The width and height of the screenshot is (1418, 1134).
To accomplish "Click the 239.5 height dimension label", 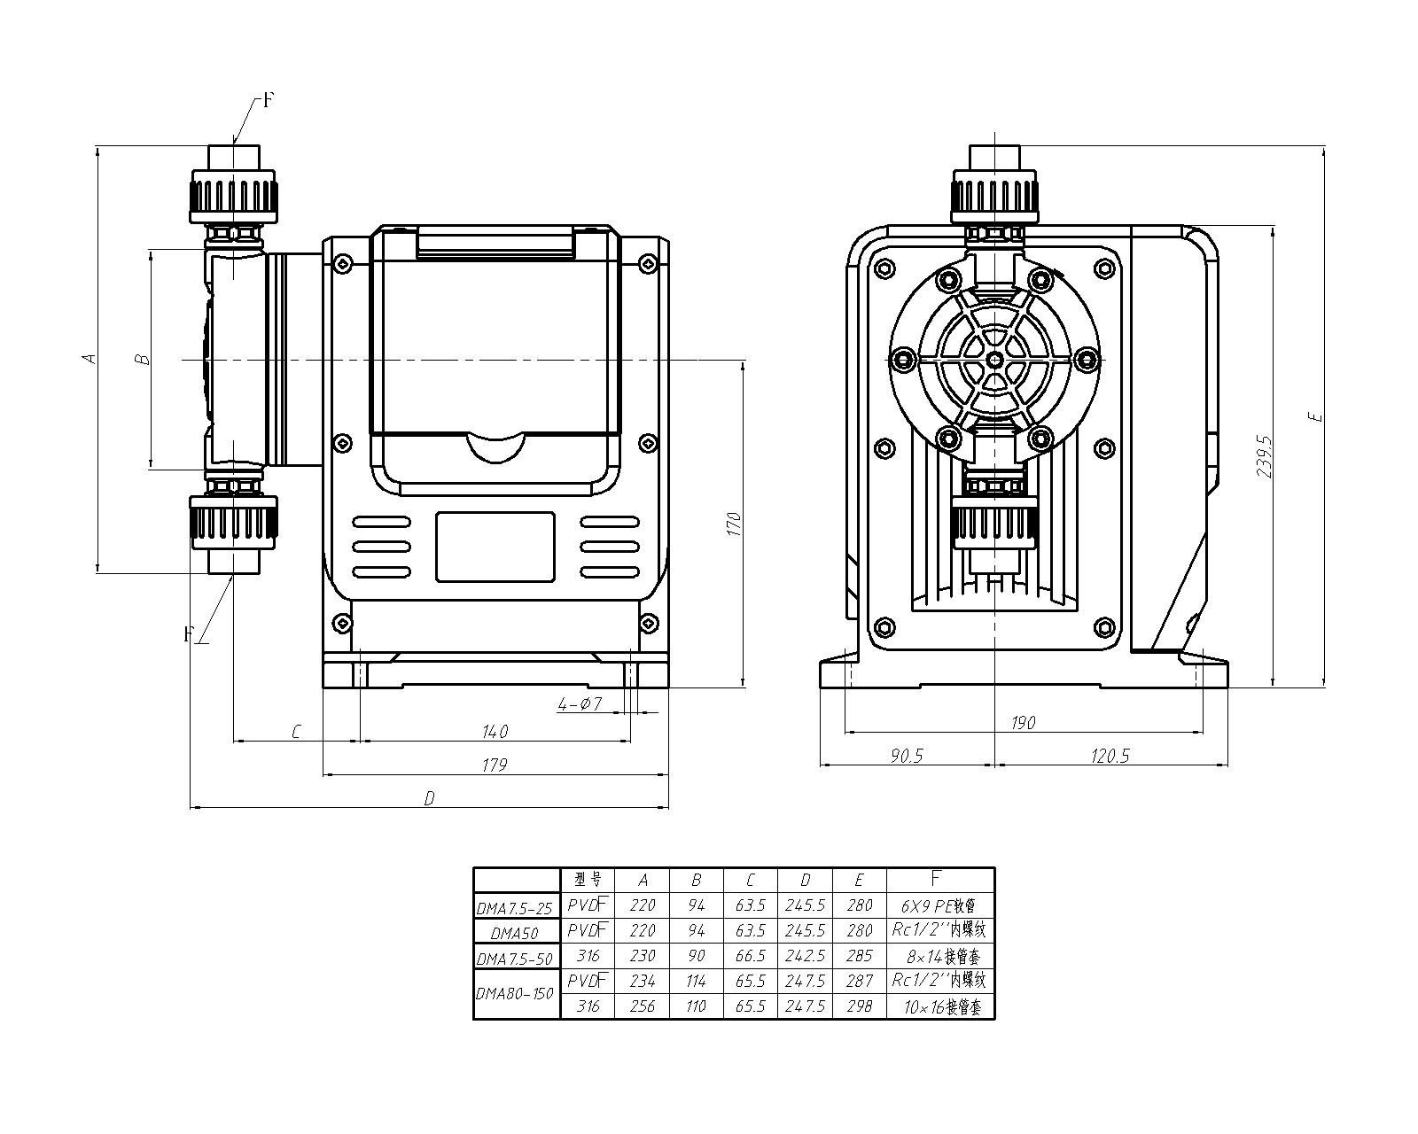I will [1265, 456].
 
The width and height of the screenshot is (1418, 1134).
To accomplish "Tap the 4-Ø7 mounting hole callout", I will [580, 704].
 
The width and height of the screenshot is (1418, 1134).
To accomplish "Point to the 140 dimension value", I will [495, 732].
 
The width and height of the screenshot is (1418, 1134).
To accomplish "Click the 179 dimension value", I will [495, 765].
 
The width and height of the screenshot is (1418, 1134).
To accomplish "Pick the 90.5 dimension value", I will [905, 756].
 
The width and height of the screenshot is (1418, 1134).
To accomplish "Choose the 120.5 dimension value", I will [1109, 756].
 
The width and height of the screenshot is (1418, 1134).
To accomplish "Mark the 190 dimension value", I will [1023, 723].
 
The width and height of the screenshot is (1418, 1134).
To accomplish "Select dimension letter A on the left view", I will [88, 358].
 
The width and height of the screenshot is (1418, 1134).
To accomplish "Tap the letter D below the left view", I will [429, 799].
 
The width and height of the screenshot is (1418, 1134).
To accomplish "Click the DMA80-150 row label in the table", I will [515, 993].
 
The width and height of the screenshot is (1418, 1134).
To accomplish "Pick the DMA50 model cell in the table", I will [515, 932].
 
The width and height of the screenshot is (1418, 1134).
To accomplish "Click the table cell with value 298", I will [859, 1006].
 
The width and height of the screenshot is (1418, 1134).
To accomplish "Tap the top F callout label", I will [269, 100].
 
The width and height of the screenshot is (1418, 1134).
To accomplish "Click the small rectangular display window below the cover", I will [495, 547].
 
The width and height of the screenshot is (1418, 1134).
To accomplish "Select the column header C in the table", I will [750, 881].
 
